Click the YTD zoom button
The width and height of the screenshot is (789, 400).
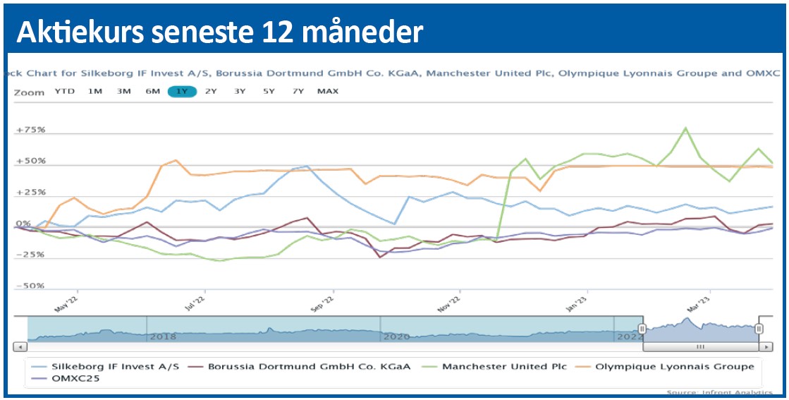pyautogui.click(x=64, y=91)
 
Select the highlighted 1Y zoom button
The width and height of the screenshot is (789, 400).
pyautogui.click(x=182, y=91)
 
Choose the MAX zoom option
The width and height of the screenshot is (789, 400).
pyautogui.click(x=328, y=91)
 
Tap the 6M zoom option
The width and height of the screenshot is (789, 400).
pyautogui.click(x=153, y=91)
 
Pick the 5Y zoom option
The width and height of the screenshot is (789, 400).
pyautogui.click(x=269, y=91)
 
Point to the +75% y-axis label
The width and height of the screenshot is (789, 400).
pyautogui.click(x=30, y=130)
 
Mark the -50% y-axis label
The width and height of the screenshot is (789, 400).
pyautogui.click(x=30, y=286)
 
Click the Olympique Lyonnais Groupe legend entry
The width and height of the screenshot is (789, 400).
pyautogui.click(x=675, y=366)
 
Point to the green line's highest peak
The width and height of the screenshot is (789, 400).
pyautogui.click(x=685, y=128)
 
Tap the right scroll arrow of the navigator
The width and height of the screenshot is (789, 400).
pyautogui.click(x=765, y=347)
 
